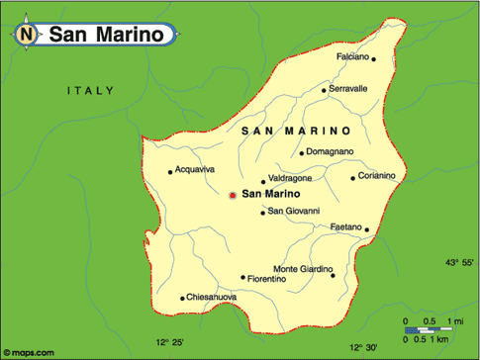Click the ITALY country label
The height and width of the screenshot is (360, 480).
pos(90,91)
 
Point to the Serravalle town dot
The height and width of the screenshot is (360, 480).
pos(324,90)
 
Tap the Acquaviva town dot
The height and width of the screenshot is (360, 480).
pos(171,170)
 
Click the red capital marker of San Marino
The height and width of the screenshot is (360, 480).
pos(233,195)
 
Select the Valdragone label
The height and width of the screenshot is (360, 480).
pos(290,178)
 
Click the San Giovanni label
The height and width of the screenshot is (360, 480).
pos(294,211)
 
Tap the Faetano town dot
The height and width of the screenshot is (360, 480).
pos(366,230)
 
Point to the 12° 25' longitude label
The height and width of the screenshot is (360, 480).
pos(169,342)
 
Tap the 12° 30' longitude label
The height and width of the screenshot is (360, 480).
pos(363,346)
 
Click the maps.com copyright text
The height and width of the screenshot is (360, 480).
pos(30,351)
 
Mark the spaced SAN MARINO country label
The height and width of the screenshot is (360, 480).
pos(296,131)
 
